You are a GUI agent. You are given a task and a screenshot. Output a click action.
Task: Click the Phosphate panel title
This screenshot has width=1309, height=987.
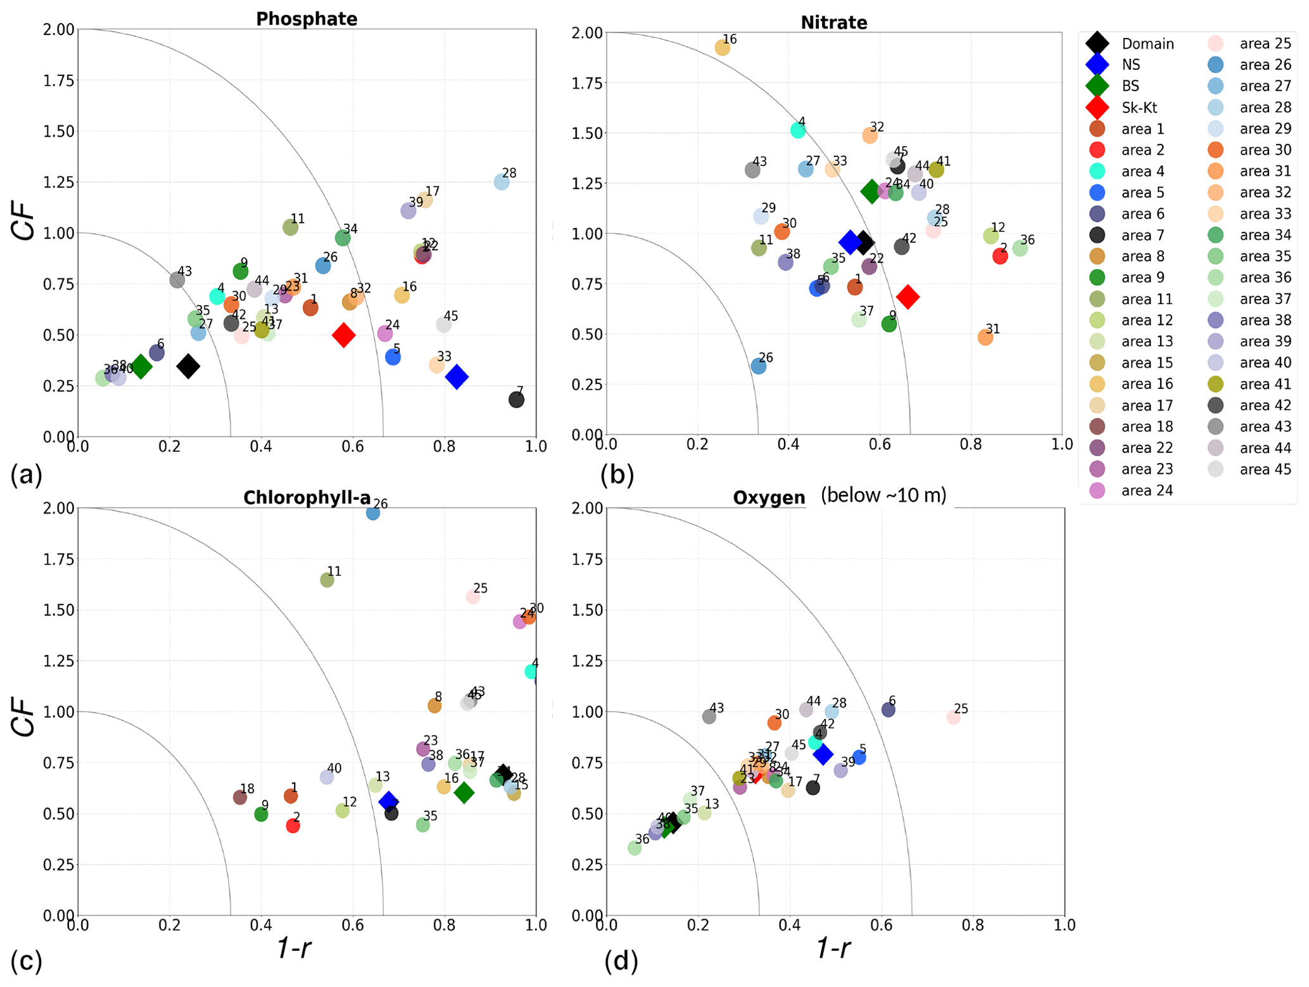(307, 19)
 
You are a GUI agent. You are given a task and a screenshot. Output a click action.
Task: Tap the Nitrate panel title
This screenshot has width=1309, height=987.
(833, 23)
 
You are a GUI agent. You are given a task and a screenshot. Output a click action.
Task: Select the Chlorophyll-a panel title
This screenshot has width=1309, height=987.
(307, 498)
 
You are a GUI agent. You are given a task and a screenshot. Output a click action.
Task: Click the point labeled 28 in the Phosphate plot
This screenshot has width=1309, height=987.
(501, 182)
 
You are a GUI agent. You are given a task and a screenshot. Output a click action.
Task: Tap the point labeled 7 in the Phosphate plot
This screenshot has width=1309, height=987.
(516, 400)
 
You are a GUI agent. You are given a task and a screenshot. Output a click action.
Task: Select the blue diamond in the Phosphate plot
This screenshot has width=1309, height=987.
(457, 377)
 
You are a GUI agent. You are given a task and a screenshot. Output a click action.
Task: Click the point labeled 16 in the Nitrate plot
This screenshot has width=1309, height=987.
(722, 48)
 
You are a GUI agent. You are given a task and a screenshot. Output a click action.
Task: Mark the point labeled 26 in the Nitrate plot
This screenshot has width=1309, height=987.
(758, 366)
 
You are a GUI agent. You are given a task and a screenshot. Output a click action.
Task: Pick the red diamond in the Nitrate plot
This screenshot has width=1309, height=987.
(907, 296)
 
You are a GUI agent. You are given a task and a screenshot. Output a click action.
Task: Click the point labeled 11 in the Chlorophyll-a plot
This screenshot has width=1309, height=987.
(327, 580)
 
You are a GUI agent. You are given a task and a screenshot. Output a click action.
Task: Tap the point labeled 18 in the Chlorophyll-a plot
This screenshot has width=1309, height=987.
(239, 798)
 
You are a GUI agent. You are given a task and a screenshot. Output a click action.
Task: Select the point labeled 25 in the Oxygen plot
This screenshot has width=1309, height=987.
(953, 718)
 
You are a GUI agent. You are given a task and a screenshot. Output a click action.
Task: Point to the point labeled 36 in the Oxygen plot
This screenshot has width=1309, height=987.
(634, 848)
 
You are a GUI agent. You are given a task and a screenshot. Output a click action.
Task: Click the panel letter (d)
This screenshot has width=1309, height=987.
(621, 962)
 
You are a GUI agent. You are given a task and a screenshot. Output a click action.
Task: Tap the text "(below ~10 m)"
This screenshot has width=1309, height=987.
(883, 495)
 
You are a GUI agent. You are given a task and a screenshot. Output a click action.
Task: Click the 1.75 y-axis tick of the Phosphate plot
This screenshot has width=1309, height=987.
(59, 80)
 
